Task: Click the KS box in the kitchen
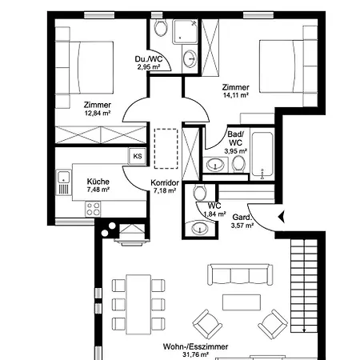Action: [x=138, y=156]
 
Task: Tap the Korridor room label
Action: [x=165, y=183]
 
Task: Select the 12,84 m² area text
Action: [x=98, y=113]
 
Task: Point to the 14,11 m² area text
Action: [x=236, y=95]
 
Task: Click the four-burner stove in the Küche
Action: [x=93, y=209]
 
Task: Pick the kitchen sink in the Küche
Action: [x=64, y=182]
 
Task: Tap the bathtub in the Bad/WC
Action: [x=262, y=154]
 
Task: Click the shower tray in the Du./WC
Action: [x=186, y=31]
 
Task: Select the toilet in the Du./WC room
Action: [x=161, y=27]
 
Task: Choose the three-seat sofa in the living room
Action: [x=240, y=275]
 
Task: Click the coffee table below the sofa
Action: [x=242, y=302]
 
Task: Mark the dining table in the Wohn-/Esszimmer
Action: [x=138, y=305]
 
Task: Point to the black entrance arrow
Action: [x=282, y=217]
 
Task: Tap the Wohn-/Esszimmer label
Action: [x=195, y=346]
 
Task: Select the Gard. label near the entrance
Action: [x=242, y=218]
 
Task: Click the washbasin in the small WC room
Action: [x=199, y=228]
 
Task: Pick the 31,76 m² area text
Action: [x=195, y=354]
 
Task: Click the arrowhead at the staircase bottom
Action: [x=304, y=330]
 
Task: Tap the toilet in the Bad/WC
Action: [x=238, y=164]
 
